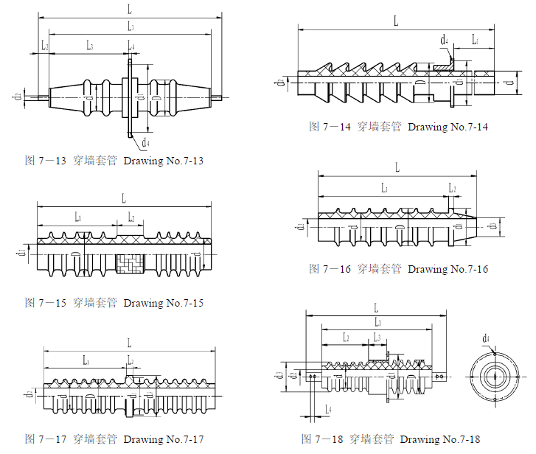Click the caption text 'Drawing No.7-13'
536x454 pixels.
(163, 161)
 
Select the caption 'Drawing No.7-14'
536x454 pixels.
(448, 127)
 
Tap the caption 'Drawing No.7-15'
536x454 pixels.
(163, 303)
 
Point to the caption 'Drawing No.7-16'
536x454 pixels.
(448, 269)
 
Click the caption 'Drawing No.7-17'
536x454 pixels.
(163, 440)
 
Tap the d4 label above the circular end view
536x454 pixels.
(487, 338)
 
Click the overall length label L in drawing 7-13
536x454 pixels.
(130, 8)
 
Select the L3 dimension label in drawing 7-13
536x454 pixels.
(89, 46)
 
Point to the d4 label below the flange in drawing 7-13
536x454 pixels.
(146, 141)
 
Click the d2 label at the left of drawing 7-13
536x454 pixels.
(16, 97)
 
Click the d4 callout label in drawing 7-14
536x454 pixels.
(444, 39)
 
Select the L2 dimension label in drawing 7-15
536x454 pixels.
(131, 217)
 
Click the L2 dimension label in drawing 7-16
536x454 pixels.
(453, 189)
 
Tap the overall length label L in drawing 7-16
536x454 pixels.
(397, 167)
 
